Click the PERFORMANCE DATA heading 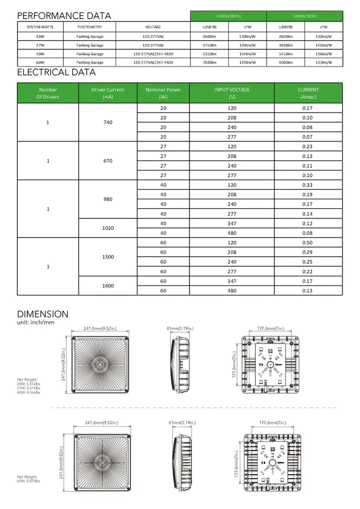(x=64, y=16)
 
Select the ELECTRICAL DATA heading (x=56, y=73)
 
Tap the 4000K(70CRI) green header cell (x=228, y=16)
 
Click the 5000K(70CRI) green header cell (x=304, y=16)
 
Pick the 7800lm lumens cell (x=209, y=63)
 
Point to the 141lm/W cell (x=324, y=45)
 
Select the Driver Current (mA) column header (x=108, y=93)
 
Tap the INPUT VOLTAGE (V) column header (x=232, y=93)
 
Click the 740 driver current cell (x=108, y=122)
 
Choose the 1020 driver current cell (x=108, y=228)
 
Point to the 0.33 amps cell (x=307, y=185)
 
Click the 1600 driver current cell (x=108, y=286)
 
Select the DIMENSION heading (x=43, y=314)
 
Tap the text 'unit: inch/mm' (x=36, y=322)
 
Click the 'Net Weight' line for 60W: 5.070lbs (x=29, y=481)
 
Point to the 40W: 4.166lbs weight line (x=29, y=393)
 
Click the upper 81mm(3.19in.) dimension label (x=180, y=328)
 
